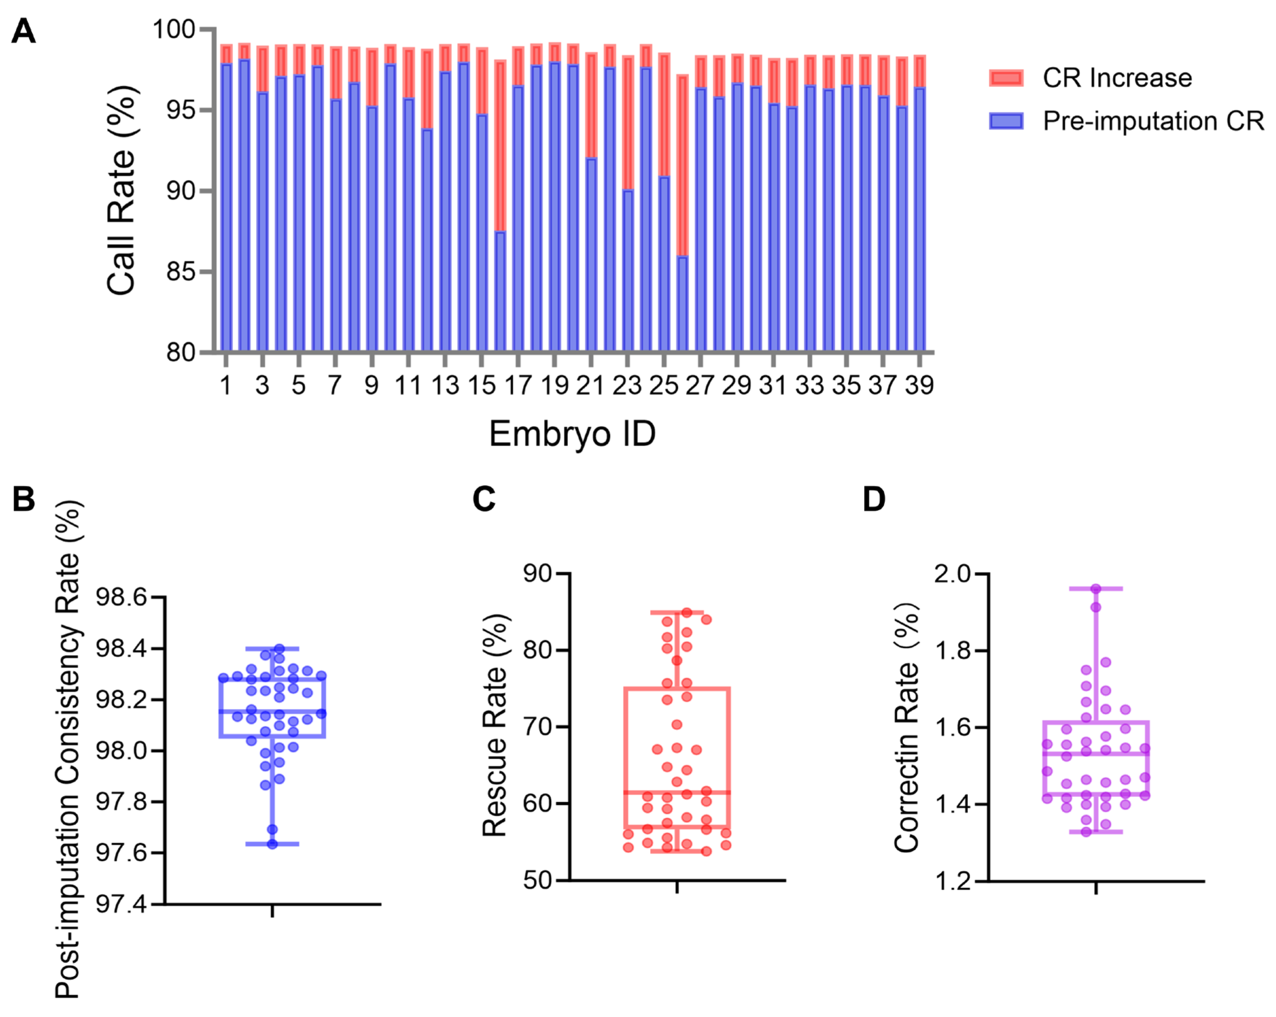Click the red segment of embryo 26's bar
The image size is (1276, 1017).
tap(682, 166)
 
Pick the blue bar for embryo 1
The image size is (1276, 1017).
tap(226, 207)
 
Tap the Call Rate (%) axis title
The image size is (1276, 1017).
tap(122, 190)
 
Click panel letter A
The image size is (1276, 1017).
tap(24, 31)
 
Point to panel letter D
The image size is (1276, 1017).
tap(874, 499)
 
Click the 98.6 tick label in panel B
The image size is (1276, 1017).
tap(121, 598)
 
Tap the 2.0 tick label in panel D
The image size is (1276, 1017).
tap(952, 574)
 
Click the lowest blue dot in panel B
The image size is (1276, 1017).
tap(272, 844)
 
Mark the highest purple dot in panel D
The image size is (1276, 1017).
tap(1096, 589)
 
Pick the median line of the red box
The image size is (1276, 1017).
tap(677, 792)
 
